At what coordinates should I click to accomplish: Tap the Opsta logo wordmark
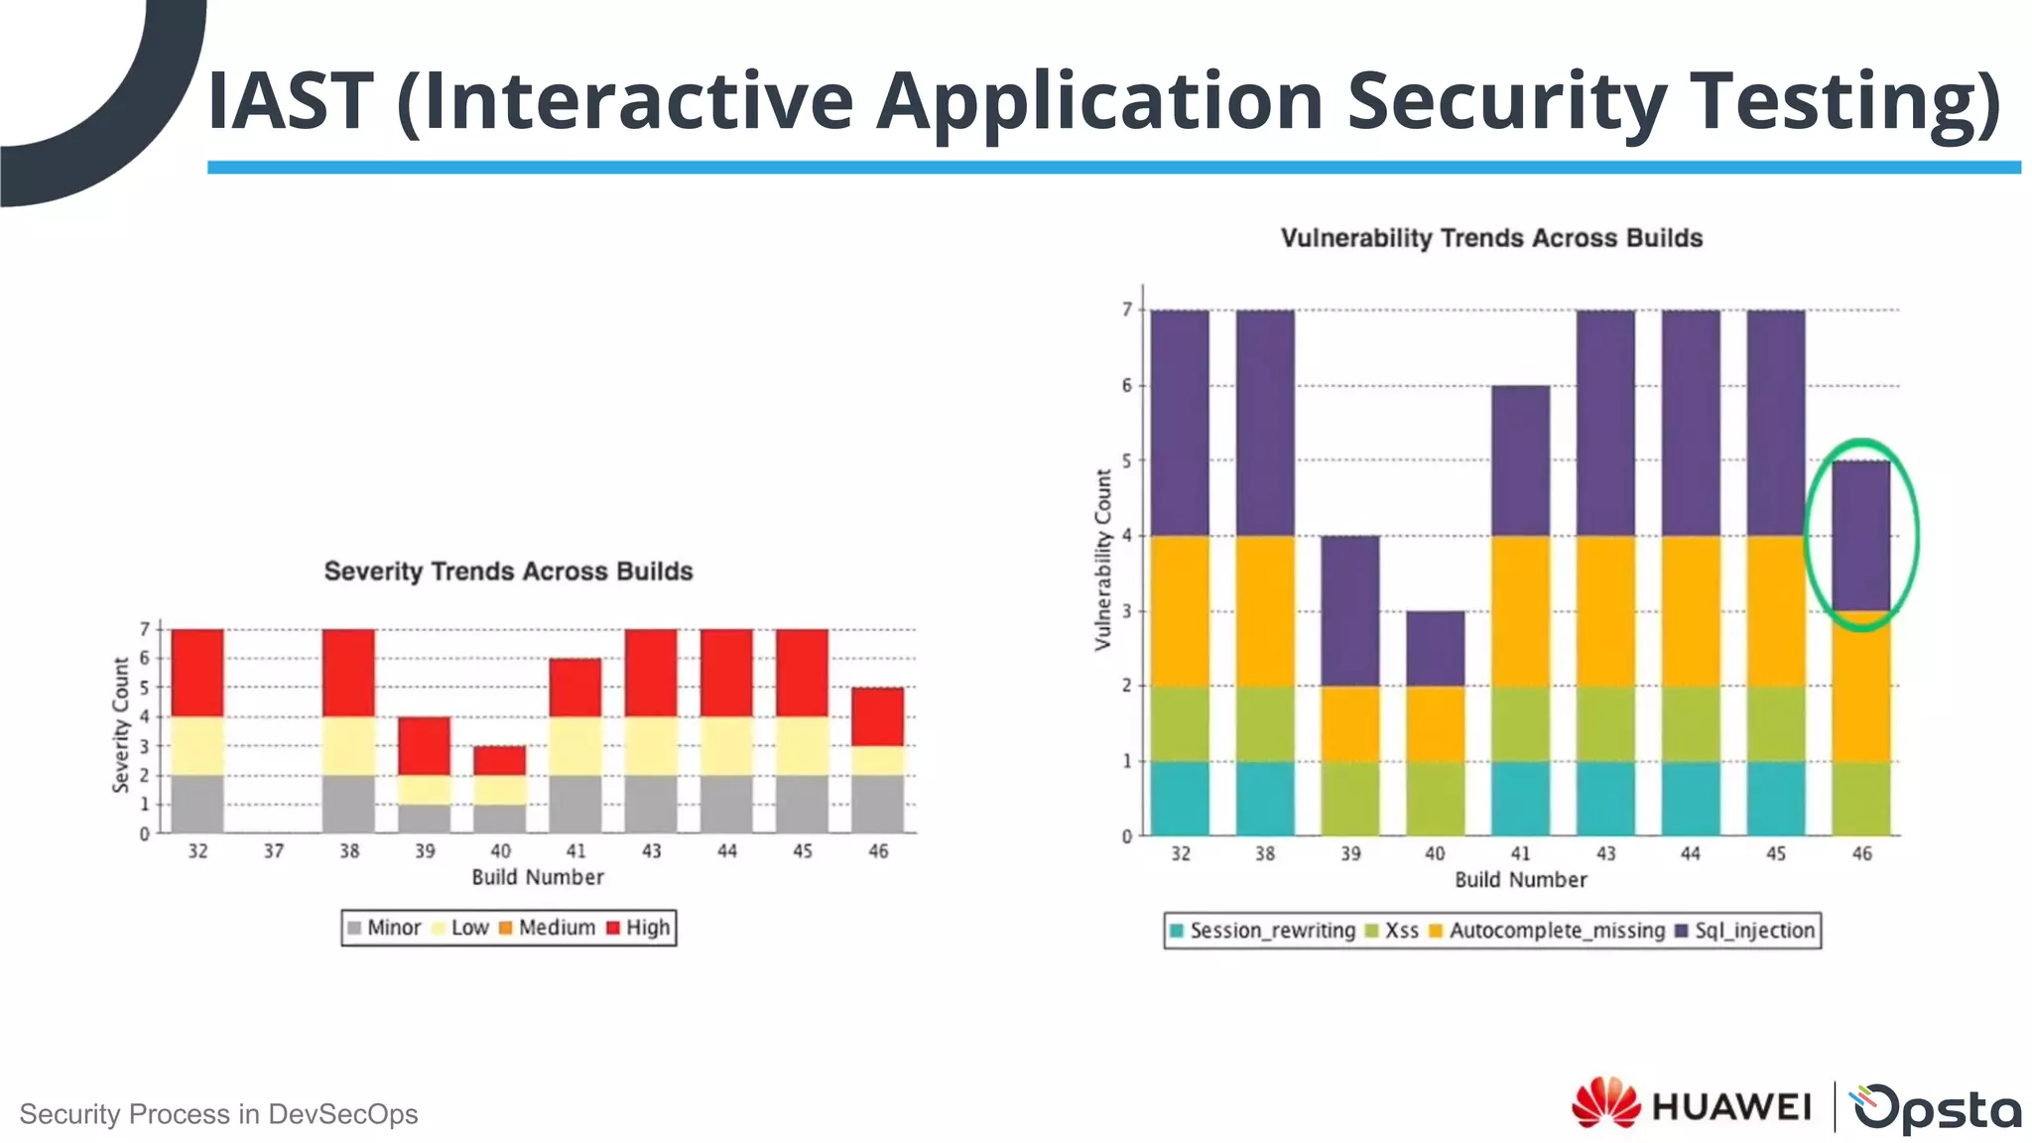[1936, 1107]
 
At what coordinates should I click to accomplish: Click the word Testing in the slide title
[1844, 101]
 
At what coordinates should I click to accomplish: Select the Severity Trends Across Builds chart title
[508, 571]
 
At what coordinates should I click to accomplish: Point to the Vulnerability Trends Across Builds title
[1490, 238]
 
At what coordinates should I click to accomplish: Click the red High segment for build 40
[499, 761]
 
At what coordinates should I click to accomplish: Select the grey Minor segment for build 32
[197, 804]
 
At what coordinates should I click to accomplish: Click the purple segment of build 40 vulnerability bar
[1435, 648]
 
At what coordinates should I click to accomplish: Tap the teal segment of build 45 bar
[1775, 799]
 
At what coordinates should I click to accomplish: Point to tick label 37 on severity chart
[274, 851]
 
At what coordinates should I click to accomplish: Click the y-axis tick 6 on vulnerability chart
[1126, 386]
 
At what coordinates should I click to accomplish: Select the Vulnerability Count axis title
[1102, 561]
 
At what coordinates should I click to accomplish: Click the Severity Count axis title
[121, 725]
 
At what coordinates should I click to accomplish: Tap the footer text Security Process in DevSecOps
[218, 1114]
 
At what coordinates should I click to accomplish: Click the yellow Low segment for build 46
[877, 761]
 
